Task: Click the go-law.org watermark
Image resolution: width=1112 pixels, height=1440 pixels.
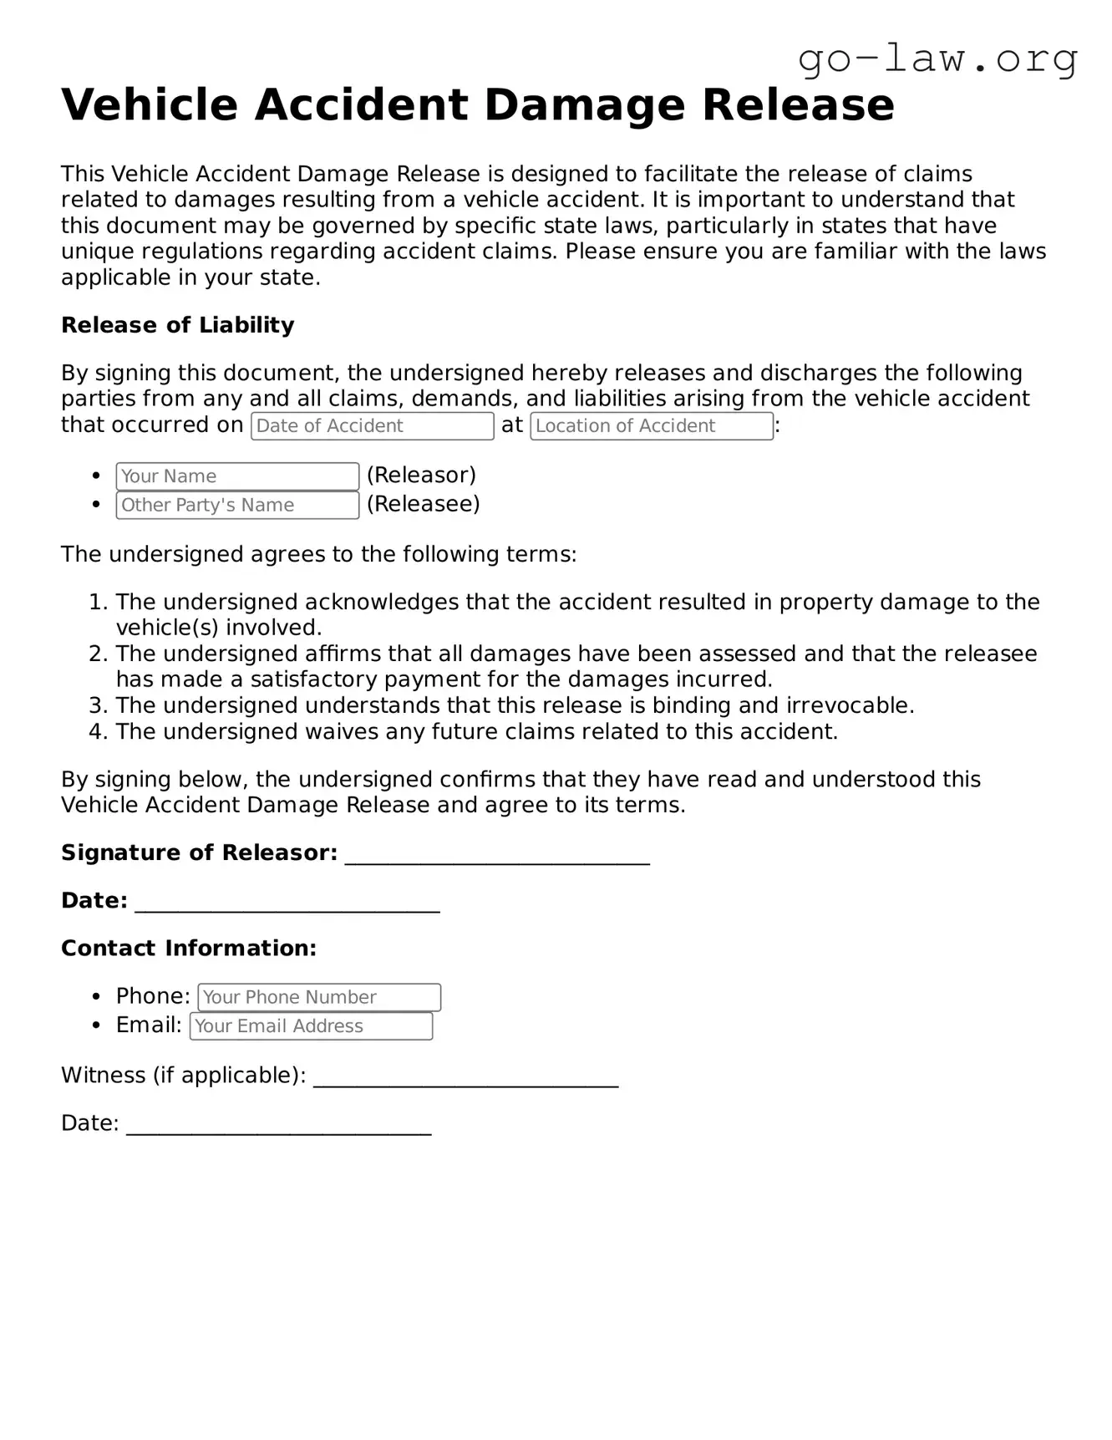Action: point(937,59)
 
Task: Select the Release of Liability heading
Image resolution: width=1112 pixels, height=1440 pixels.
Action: point(177,325)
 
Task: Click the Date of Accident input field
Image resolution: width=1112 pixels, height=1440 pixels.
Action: point(372,426)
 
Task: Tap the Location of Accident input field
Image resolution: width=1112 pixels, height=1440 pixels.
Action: point(651,426)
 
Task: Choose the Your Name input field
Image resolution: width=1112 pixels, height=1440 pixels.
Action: point(237,476)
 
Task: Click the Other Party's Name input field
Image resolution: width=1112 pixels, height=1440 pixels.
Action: point(237,505)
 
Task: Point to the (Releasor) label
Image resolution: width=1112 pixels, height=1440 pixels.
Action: point(421,476)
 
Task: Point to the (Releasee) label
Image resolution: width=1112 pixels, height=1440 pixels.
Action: point(423,504)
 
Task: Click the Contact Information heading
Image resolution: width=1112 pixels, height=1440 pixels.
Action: point(189,949)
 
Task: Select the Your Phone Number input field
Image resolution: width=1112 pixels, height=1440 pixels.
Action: point(319,997)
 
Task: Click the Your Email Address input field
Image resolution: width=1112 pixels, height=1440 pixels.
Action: point(311,1026)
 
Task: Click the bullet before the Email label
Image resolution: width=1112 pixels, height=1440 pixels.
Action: point(98,1025)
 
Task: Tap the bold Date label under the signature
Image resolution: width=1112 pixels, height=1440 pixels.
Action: point(94,901)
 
